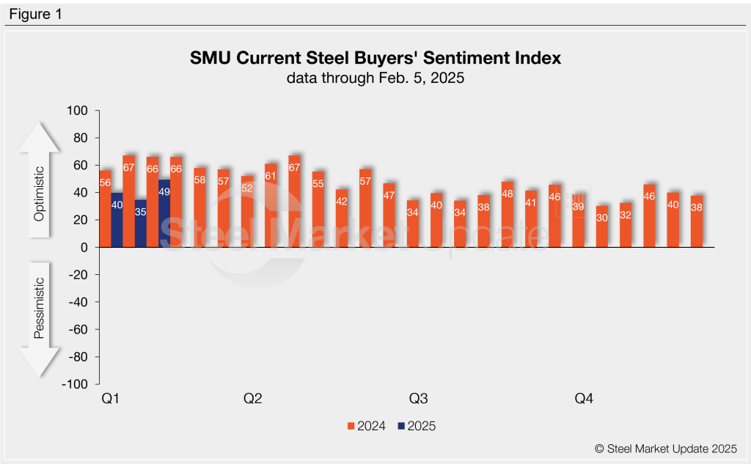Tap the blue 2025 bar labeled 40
[x=117, y=220]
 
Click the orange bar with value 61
[x=271, y=205]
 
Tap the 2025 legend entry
[x=416, y=426]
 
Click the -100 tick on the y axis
[x=75, y=384]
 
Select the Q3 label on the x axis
[x=418, y=399]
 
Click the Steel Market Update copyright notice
[x=665, y=449]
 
